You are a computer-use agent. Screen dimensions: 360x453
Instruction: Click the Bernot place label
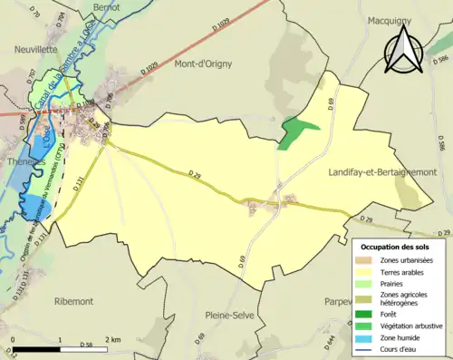(x=105, y=6)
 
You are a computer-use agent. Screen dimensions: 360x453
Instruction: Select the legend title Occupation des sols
(x=396, y=247)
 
